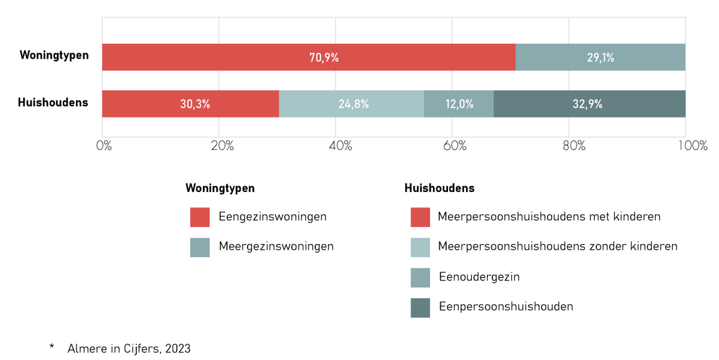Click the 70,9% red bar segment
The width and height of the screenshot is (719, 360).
click(309, 57)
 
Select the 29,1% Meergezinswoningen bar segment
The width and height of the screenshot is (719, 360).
click(601, 57)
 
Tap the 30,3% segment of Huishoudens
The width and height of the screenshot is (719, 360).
click(191, 103)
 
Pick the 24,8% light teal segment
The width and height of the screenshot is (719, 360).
click(352, 103)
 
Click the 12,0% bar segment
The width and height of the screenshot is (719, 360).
click(459, 103)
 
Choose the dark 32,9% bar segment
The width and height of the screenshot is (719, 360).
click(590, 103)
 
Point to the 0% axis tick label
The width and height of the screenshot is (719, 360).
click(104, 146)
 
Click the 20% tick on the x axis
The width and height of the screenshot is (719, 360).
click(222, 146)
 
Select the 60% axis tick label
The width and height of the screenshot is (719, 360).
click(455, 146)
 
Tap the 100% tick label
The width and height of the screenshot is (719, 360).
click(693, 146)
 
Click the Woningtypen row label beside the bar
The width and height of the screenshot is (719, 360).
click(54, 55)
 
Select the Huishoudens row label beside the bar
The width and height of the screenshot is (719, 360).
click(53, 102)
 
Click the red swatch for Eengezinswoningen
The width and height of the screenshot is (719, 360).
click(200, 217)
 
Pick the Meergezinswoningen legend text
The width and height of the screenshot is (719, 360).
click(276, 246)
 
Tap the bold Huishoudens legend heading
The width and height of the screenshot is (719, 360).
click(440, 188)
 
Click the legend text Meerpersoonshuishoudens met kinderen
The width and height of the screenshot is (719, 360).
click(549, 216)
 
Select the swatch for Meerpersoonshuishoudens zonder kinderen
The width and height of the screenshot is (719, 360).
click(420, 248)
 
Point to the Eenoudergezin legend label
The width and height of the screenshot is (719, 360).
click(479, 277)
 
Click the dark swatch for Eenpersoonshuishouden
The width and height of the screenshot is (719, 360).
click(420, 308)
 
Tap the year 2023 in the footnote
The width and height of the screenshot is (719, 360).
click(178, 349)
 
